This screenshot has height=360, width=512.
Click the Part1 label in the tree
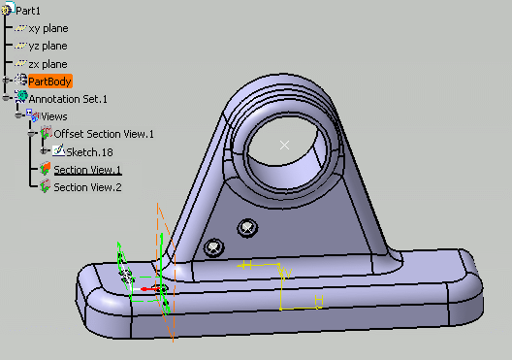[x=28, y=11]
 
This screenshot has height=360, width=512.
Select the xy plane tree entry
[x=48, y=29]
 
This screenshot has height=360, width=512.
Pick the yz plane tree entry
[x=48, y=47]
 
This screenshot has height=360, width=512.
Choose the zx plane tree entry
[x=48, y=64]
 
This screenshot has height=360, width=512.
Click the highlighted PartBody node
[x=49, y=82]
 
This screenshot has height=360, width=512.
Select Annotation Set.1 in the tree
[x=68, y=99]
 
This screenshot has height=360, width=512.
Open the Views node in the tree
[x=54, y=116]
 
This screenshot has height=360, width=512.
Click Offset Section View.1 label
[x=104, y=134]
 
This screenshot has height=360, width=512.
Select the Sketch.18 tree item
[x=89, y=152]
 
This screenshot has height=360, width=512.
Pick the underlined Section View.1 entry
[x=87, y=170]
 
